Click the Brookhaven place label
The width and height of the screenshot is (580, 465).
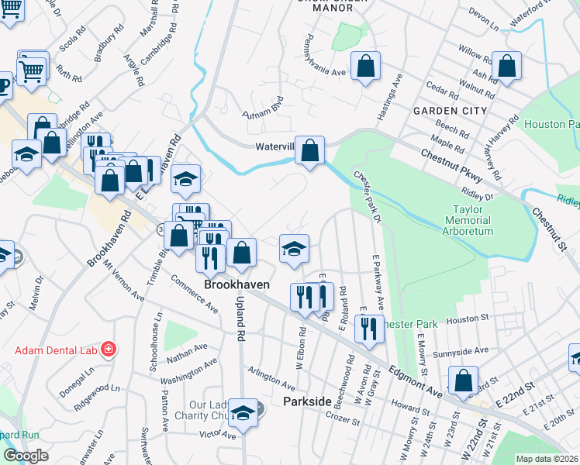[x=236, y=284]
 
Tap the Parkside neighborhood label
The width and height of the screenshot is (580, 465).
[x=307, y=401]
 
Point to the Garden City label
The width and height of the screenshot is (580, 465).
[x=450, y=111]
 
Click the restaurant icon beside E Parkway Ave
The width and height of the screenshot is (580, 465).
[x=369, y=328]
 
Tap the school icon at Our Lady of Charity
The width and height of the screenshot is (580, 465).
[x=243, y=413]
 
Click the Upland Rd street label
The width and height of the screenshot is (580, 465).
[x=240, y=319]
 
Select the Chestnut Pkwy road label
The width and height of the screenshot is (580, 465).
[x=452, y=164]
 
